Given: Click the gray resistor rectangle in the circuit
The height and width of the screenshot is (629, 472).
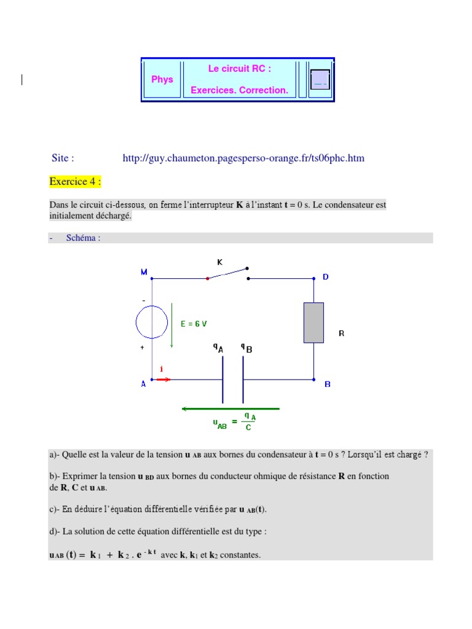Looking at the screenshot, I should [313, 322].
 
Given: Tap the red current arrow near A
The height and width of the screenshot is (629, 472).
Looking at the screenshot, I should [163, 380].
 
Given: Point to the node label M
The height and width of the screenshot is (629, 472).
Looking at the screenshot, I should [144, 272].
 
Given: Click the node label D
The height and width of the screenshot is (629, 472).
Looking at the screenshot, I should [326, 277].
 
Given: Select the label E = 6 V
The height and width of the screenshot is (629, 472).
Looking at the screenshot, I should [194, 324].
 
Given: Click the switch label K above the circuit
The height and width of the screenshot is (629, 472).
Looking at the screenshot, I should [219, 262].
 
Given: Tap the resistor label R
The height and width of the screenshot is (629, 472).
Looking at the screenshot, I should [342, 334].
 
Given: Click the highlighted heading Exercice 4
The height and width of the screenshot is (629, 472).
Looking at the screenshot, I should [75, 182].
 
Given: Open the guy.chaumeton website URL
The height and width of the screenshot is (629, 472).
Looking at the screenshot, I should [243, 158].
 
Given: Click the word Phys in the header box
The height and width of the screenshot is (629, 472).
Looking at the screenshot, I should [162, 79].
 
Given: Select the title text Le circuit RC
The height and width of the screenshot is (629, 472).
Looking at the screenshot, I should [239, 69].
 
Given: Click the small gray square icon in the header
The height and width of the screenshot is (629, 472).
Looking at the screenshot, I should [320, 79].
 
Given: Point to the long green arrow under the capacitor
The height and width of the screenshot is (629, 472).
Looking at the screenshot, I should [230, 408].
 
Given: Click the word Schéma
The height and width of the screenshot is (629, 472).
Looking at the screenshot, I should [83, 238].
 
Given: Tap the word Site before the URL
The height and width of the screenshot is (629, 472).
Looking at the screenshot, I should [63, 158].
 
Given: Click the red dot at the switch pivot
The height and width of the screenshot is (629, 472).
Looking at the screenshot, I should [208, 278].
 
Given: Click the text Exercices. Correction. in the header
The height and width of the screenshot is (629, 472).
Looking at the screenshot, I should [239, 90].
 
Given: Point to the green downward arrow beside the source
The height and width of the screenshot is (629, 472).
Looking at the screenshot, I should [172, 325].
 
